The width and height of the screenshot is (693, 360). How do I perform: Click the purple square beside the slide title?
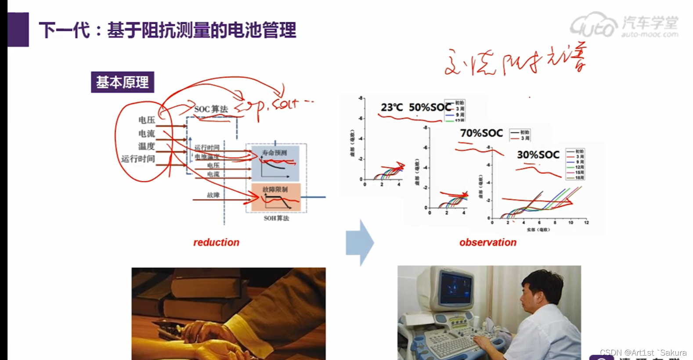click(18, 29)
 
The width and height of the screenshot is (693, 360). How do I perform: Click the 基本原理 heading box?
click(123, 82)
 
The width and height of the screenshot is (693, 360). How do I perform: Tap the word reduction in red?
click(216, 242)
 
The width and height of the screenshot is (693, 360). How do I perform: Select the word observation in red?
click(487, 242)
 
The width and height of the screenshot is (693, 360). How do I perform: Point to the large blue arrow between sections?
click(360, 243)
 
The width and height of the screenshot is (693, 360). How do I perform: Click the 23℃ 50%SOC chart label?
click(416, 107)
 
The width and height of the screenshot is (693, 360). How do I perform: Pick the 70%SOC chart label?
click(481, 133)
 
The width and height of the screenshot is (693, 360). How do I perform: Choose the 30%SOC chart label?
click(538, 155)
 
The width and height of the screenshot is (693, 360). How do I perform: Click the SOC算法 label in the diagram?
click(211, 109)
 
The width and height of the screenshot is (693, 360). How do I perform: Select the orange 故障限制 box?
click(275, 197)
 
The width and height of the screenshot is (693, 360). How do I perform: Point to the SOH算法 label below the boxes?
click(276, 218)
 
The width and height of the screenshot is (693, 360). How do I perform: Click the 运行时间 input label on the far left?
click(138, 159)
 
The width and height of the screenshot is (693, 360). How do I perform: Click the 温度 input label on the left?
click(146, 146)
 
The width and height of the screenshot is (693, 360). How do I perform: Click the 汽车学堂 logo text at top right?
click(650, 23)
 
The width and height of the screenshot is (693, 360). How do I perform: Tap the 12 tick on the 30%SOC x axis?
click(586, 223)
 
